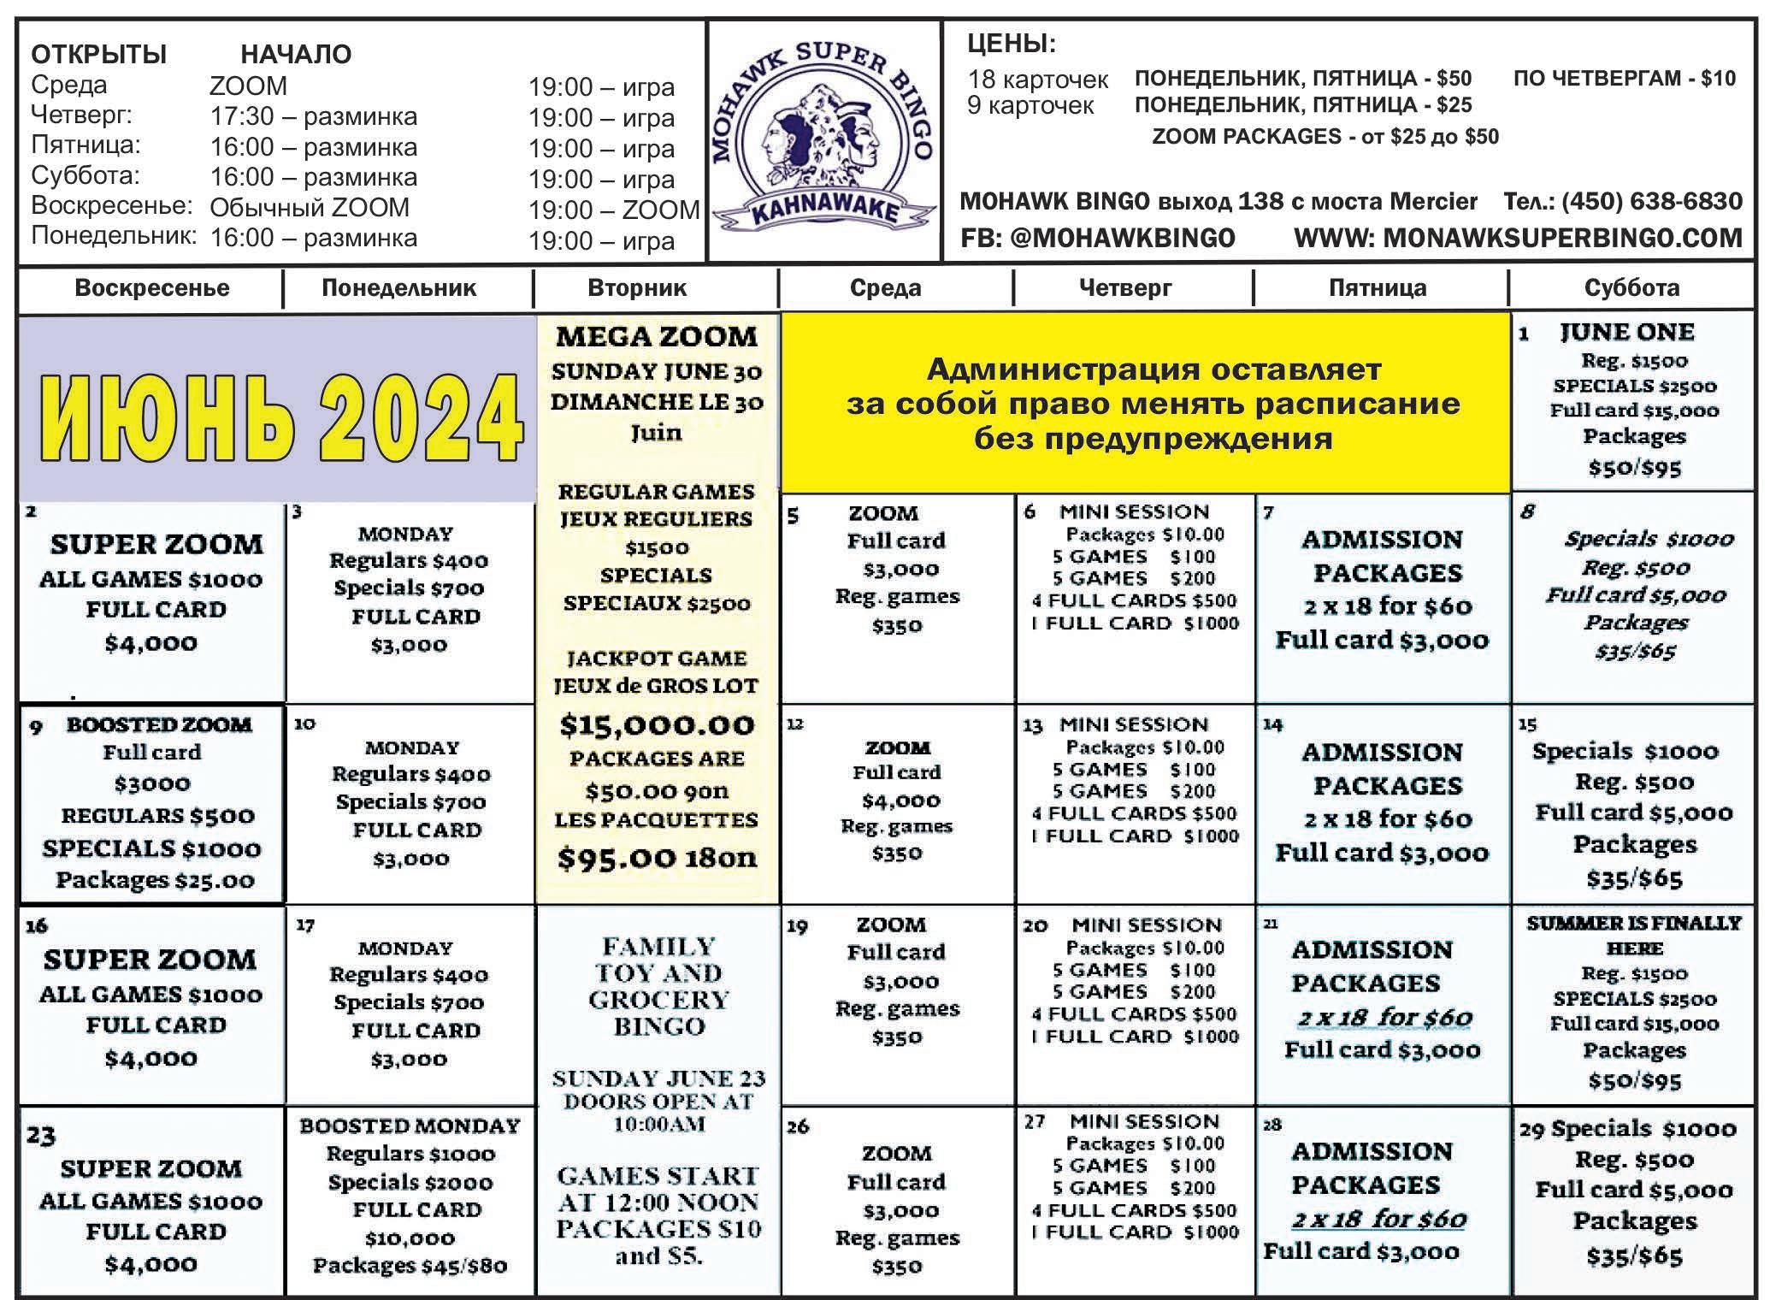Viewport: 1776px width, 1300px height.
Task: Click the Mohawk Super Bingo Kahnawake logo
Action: [823, 142]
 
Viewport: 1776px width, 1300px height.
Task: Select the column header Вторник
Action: [637, 287]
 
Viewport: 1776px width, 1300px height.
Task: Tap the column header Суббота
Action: [1631, 287]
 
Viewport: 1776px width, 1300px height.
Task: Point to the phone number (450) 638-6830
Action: [1622, 202]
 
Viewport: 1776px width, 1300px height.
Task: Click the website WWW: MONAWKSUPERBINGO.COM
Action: [1518, 238]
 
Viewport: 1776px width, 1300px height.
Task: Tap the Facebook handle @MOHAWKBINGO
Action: [1098, 238]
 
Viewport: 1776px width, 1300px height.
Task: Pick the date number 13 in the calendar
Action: [1032, 726]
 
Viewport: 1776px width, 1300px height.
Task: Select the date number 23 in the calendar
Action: [41, 1136]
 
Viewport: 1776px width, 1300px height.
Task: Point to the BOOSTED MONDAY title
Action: [410, 1126]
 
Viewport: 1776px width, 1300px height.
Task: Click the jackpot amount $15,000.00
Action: [657, 725]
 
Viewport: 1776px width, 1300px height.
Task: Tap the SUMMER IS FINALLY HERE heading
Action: [1633, 935]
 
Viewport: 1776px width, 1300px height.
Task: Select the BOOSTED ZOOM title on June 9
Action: [159, 724]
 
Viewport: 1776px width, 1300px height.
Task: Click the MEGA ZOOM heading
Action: [657, 337]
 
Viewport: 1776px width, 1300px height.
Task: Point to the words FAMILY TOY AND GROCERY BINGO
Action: [658, 986]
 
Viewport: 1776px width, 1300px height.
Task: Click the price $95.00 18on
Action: [657, 857]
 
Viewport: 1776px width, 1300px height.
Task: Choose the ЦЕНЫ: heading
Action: [1011, 44]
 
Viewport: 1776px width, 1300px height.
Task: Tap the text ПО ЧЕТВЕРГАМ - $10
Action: [1624, 79]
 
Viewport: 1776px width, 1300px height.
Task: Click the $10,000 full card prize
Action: [410, 1238]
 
